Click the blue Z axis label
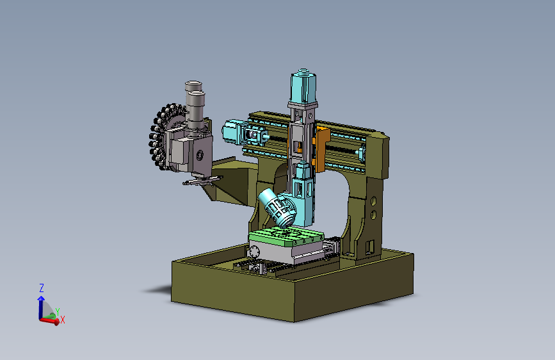[x=42, y=288]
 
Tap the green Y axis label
[x=58, y=311]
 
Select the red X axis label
[x=63, y=320]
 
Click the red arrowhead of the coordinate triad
[x=56, y=322]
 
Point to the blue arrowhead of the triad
[x=41, y=299]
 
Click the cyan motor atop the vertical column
[x=303, y=86]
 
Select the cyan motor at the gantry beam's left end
[x=232, y=131]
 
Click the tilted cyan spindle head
[x=277, y=208]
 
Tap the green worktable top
[x=286, y=237]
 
